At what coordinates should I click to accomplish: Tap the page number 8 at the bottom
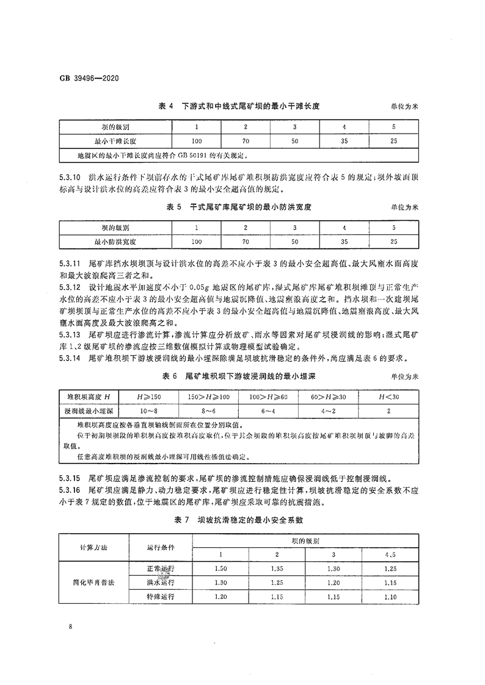(x=71, y=626)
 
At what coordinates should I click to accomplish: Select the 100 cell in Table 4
(x=197, y=142)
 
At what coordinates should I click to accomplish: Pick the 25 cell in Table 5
(x=393, y=242)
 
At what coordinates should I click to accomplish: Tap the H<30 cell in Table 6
(x=389, y=397)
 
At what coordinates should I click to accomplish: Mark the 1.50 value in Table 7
(x=221, y=568)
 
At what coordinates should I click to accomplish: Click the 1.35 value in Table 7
(x=277, y=568)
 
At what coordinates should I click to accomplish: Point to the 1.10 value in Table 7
(x=390, y=597)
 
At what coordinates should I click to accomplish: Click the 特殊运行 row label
(x=160, y=597)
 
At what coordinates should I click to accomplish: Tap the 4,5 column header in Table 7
(x=390, y=554)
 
